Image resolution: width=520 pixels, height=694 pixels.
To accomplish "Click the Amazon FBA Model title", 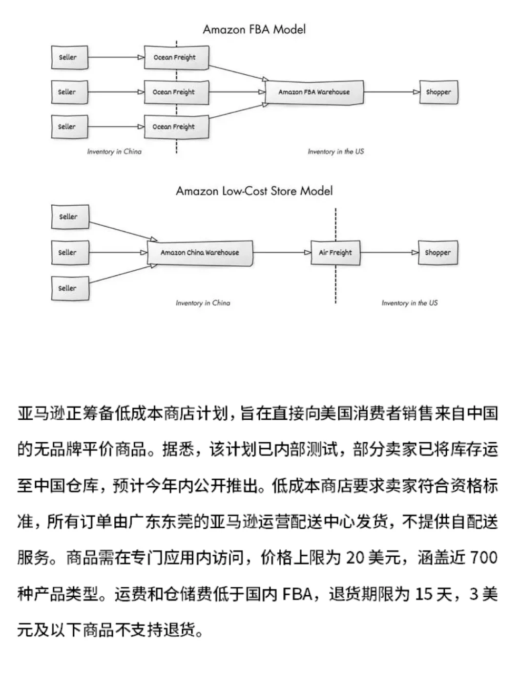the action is click(254, 29).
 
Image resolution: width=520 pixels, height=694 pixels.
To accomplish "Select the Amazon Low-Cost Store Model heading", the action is click(254, 191).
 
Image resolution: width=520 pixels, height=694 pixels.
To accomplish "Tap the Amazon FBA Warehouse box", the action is click(314, 92).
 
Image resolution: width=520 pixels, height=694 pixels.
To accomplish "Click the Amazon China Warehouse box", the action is click(200, 253).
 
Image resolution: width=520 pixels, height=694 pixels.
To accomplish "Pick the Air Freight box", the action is click(335, 253).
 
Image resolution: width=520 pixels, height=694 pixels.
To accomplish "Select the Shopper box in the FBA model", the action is click(438, 92).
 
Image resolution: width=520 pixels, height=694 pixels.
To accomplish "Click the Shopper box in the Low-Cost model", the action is click(438, 253).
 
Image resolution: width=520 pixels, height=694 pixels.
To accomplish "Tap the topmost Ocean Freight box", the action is click(176, 57).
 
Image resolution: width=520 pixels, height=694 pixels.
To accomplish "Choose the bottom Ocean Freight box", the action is click(176, 127).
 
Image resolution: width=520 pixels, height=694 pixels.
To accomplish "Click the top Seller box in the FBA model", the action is click(69, 57).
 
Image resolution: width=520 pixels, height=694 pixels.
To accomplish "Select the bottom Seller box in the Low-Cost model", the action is click(70, 288).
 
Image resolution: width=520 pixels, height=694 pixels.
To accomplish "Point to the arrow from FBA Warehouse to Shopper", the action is click(392, 92).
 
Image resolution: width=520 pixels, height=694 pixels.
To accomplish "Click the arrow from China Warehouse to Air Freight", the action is click(282, 253).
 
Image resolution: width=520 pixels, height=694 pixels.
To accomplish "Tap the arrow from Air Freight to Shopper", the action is click(389, 253).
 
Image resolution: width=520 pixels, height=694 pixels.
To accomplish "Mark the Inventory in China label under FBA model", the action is click(114, 152).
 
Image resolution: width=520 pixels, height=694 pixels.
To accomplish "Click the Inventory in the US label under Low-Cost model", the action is click(410, 303).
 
